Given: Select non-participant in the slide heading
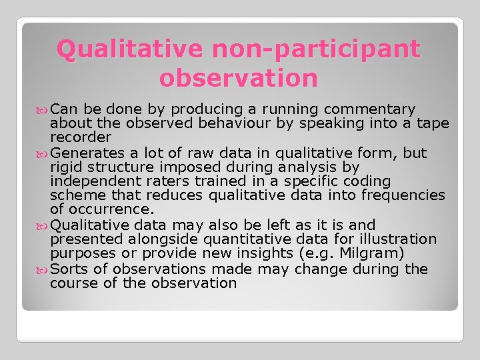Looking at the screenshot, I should click(x=312, y=49).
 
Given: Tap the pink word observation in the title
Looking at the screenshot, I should click(x=239, y=78).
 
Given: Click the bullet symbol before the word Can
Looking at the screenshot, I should click(x=43, y=109).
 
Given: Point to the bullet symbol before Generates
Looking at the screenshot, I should click(x=43, y=153).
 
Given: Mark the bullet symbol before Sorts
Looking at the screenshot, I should click(x=43, y=269).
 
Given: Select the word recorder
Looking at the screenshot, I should click(x=81, y=137).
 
